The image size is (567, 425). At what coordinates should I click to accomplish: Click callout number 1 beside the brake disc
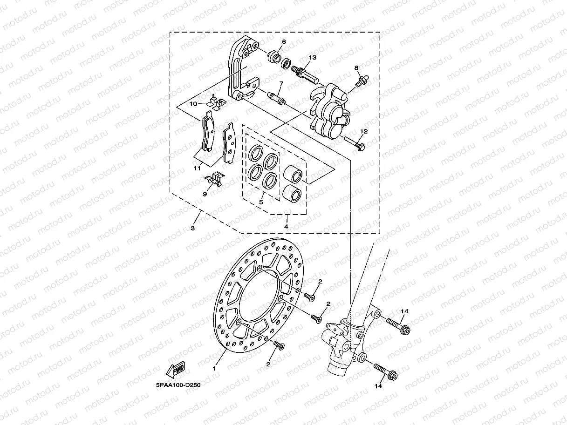pyautogui.click(x=214, y=368)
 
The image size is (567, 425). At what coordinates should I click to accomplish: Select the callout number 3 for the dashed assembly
pyautogui.click(x=193, y=228)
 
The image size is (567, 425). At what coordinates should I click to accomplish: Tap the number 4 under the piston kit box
pyautogui.click(x=286, y=226)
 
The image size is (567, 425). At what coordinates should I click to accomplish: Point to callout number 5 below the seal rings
pyautogui.click(x=261, y=202)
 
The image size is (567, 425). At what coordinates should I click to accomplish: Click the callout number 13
pyautogui.click(x=312, y=57)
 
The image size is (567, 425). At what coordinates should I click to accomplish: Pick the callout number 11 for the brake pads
pyautogui.click(x=198, y=168)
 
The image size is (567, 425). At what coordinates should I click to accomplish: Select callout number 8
pyautogui.click(x=356, y=68)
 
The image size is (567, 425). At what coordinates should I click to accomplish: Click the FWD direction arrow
pyautogui.click(x=175, y=370)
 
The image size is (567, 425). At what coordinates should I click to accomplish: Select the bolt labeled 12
pyautogui.click(x=355, y=144)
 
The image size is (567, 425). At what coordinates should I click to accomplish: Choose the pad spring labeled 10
pyautogui.click(x=215, y=103)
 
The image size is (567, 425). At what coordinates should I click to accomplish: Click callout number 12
pyautogui.click(x=363, y=132)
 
